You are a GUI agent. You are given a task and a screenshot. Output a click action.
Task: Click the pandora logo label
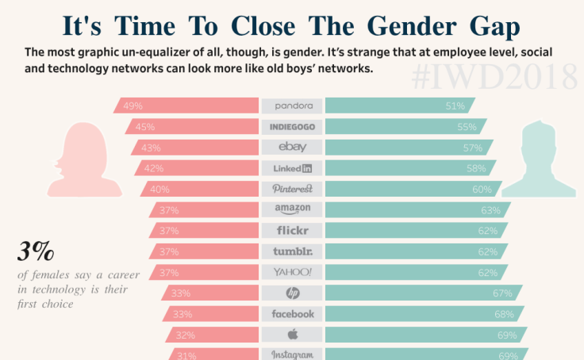(292, 105)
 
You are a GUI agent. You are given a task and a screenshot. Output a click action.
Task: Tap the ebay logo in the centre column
(292, 147)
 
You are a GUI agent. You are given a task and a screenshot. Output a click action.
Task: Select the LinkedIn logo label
(292, 168)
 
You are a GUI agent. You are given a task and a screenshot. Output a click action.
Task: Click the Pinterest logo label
(292, 189)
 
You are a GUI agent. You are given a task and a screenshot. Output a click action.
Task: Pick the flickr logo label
(292, 231)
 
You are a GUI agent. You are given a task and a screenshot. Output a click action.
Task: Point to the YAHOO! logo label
(292, 272)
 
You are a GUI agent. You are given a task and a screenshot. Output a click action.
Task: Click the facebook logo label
(292, 314)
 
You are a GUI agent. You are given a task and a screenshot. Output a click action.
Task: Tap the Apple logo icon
(292, 334)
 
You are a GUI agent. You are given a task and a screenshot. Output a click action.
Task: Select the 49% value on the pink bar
(133, 105)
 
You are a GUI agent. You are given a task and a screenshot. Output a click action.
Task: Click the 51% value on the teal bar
(455, 105)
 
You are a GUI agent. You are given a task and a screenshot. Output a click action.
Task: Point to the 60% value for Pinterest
(482, 190)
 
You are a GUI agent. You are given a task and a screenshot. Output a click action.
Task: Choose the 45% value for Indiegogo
(144, 127)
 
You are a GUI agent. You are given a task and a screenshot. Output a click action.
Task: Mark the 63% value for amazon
(490, 210)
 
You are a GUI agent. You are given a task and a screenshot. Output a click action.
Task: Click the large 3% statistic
(36, 253)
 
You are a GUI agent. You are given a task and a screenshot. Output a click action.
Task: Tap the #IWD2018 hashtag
(495, 78)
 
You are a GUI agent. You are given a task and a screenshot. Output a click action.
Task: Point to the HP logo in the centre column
(292, 293)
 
